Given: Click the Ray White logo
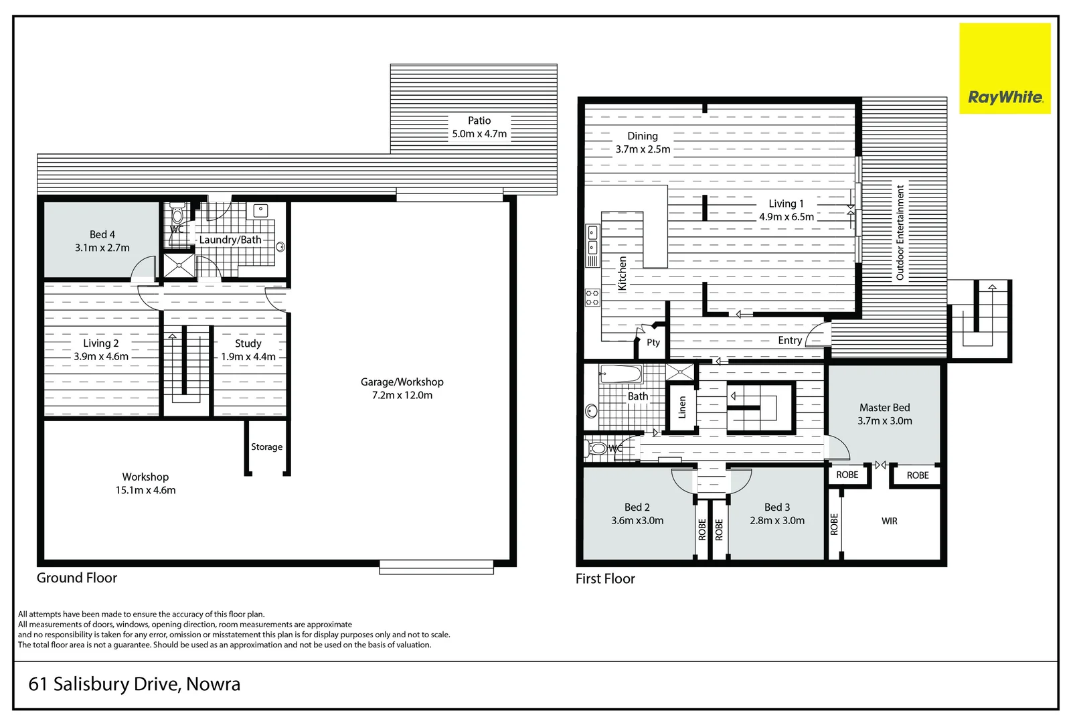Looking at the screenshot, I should [x=1005, y=98].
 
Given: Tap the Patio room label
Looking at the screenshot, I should [x=479, y=120].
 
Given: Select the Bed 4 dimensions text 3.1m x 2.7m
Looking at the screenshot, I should [x=102, y=248].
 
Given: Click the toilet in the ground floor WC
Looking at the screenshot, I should [x=177, y=214].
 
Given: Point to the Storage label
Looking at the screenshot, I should [x=266, y=447].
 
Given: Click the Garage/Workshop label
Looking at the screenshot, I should [x=402, y=382].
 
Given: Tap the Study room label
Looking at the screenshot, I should [x=248, y=343].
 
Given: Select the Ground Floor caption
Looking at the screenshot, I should [x=77, y=578].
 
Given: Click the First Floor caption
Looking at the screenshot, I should [x=605, y=578].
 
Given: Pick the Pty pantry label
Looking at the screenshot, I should [x=653, y=342].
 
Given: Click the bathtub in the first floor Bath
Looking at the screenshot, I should [x=621, y=374].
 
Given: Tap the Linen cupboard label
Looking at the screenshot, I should [x=682, y=406].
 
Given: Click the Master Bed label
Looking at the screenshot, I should [x=884, y=407].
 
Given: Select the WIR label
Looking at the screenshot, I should [x=889, y=521].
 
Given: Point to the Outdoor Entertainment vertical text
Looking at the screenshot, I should [x=900, y=232].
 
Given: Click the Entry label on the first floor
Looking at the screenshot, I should [x=790, y=340].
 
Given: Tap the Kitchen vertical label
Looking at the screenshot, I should [x=622, y=273].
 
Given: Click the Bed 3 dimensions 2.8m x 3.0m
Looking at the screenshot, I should [x=777, y=520].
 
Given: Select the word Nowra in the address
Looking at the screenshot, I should [x=213, y=684].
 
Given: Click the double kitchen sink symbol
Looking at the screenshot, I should [x=592, y=240].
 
